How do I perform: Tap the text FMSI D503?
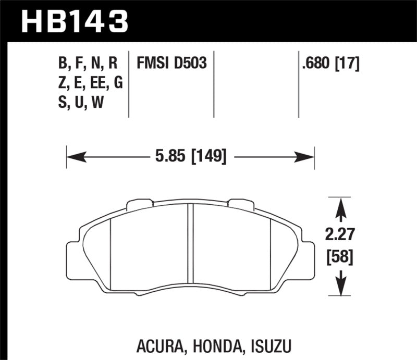pyautogui.click(x=171, y=64)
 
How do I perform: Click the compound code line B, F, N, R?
pyautogui.click(x=88, y=64)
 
